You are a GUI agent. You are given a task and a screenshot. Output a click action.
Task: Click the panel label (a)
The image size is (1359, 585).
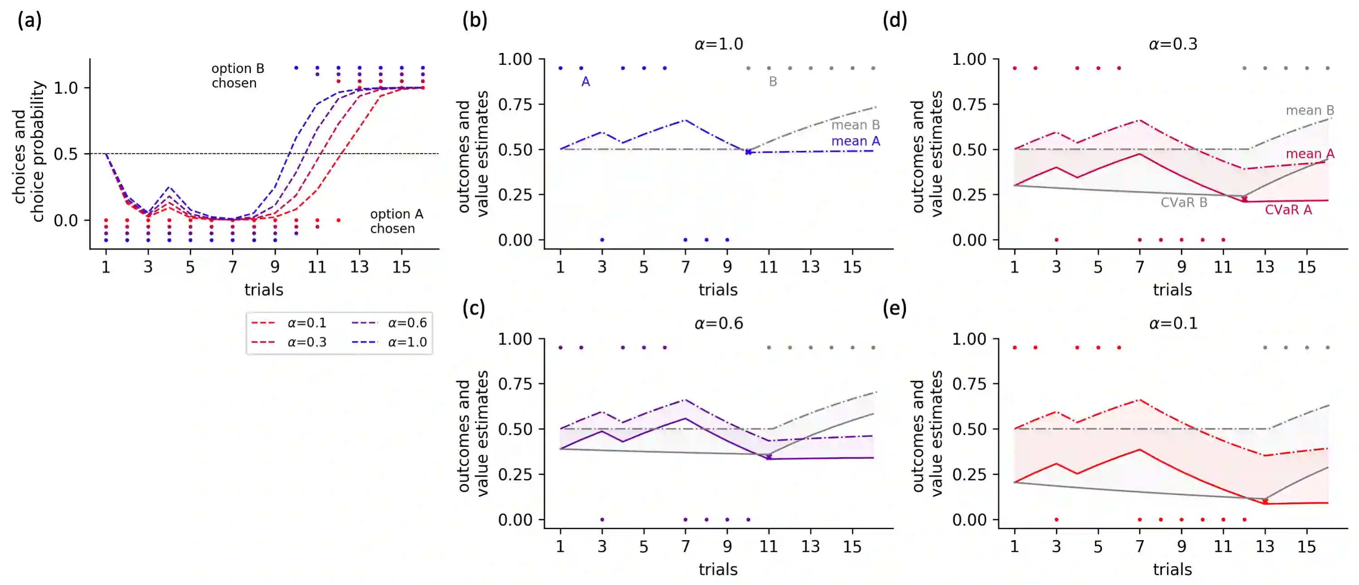(29, 20)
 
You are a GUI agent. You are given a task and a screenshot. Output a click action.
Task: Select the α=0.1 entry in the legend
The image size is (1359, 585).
(306, 323)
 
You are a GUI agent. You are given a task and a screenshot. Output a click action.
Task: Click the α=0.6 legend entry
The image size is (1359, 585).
(407, 323)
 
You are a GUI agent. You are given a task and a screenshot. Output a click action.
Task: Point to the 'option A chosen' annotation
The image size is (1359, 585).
(396, 221)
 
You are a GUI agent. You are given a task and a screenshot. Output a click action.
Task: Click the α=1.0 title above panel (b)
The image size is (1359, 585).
(719, 44)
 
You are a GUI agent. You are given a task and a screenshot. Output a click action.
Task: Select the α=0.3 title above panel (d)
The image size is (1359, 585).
(1173, 44)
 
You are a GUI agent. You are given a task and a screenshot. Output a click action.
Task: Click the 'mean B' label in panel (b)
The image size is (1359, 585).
(855, 125)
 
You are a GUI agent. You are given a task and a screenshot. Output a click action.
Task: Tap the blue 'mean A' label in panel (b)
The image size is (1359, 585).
(855, 141)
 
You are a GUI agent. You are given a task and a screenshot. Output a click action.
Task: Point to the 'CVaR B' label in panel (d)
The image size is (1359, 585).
(1183, 203)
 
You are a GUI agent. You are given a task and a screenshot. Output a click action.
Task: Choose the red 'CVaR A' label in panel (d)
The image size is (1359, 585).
(1288, 210)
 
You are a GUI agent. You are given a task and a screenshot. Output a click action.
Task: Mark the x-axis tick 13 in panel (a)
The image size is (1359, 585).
(359, 267)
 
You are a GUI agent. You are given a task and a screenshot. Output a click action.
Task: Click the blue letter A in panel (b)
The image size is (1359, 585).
(585, 82)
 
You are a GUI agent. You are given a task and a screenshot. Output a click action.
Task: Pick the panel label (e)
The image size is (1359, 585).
(894, 308)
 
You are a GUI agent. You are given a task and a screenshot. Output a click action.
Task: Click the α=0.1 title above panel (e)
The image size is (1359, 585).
(1173, 324)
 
